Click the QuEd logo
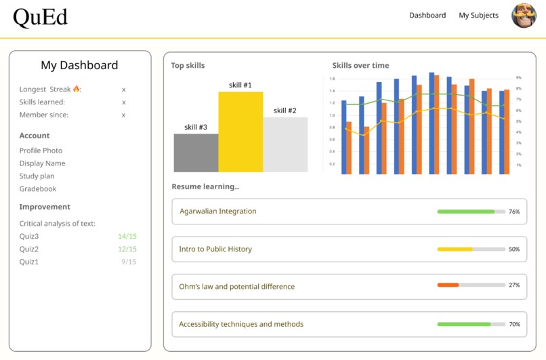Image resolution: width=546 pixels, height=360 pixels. pos(41,17)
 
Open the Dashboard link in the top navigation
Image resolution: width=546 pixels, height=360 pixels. pos(427,16)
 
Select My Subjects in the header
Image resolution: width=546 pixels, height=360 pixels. pos(478,16)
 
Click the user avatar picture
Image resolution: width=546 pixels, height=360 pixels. pos(523,16)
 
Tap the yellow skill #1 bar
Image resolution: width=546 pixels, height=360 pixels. pos(240,132)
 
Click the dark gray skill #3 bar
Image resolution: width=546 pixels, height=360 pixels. pos(196,153)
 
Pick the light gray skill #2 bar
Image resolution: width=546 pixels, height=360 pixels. pos(285,144)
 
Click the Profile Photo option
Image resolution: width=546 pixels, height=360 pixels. pos(41,151)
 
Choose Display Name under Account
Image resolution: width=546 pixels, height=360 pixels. pos(42,163)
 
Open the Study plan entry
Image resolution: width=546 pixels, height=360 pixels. pos(37,176)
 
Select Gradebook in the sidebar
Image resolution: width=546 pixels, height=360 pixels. pos(38,189)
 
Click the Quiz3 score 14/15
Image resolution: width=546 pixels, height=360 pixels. pos(127,237)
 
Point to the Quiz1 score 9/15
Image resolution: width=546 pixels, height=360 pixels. pos(129,262)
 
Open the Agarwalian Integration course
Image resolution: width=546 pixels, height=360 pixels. pos(217,212)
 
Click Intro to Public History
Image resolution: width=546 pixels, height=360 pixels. pos(215,249)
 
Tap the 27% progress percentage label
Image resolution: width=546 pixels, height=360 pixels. pos(514,285)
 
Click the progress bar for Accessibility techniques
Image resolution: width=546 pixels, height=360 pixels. pos(471,325)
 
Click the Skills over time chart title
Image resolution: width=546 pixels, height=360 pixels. pos(360,66)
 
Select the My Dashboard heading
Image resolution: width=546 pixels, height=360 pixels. pos(79,66)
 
